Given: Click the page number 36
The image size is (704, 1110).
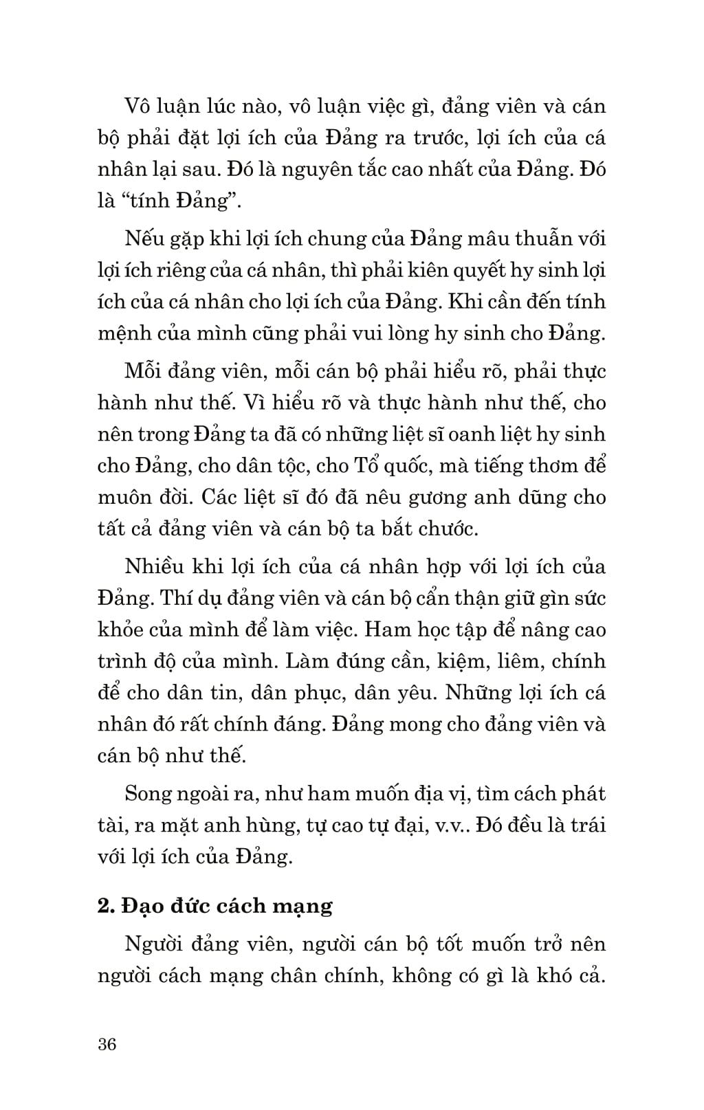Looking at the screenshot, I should (x=107, y=1045).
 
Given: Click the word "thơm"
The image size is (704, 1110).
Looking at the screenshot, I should (x=562, y=466).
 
